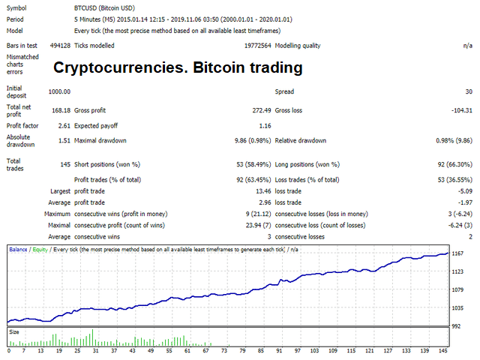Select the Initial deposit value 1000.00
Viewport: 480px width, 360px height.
pyautogui.click(x=58, y=91)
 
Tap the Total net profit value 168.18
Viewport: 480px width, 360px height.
pyautogui.click(x=60, y=110)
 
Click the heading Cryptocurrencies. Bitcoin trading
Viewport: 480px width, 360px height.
pyautogui.click(x=177, y=67)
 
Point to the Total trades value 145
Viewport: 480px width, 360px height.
pyautogui.click(x=64, y=164)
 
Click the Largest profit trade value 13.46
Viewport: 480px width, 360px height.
pyautogui.click(x=251, y=191)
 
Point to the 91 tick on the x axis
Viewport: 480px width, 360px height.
pyautogui.click(x=279, y=350)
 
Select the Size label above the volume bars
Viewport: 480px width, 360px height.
pyautogui.click(x=14, y=331)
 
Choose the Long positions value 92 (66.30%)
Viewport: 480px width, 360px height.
pyautogui.click(x=450, y=164)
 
